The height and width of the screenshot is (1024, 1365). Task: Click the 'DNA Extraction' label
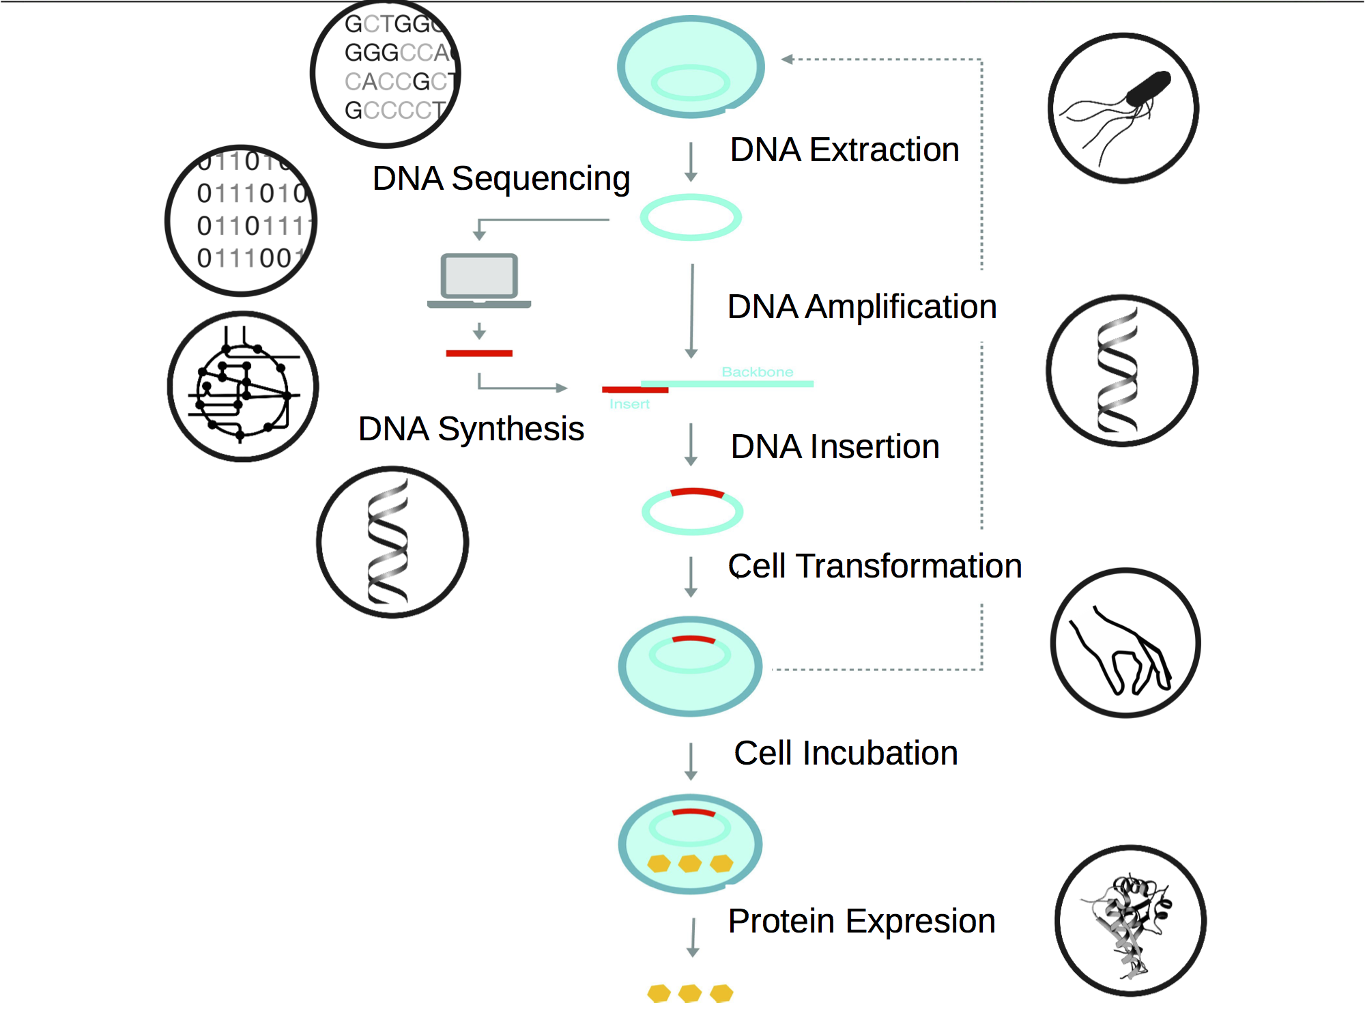[844, 150]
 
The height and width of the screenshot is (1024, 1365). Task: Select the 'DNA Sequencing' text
[501, 179]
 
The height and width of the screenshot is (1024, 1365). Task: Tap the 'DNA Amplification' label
[862, 307]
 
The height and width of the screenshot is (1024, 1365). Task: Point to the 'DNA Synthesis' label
[471, 429]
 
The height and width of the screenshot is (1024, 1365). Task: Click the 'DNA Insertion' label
[835, 447]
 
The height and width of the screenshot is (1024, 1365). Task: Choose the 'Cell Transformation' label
[875, 566]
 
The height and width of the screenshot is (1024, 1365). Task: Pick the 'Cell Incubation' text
[846, 754]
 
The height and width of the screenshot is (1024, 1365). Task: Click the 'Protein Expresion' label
[861, 922]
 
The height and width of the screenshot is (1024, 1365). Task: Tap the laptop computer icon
[479, 281]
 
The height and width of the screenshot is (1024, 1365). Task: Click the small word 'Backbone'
[758, 372]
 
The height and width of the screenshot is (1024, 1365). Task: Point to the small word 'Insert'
[629, 404]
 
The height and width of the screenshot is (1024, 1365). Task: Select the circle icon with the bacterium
[1123, 108]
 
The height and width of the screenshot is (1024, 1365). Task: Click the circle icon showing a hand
[1125, 642]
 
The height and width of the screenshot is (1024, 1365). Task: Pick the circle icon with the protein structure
[1130, 921]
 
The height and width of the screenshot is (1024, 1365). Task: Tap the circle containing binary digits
[241, 221]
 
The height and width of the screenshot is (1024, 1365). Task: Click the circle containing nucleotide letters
[386, 72]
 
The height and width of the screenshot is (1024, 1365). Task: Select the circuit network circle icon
[242, 386]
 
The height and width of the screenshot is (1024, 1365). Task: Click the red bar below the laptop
[479, 353]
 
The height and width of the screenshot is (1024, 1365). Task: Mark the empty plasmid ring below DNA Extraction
[691, 217]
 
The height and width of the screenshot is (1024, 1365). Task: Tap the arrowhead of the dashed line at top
[787, 59]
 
